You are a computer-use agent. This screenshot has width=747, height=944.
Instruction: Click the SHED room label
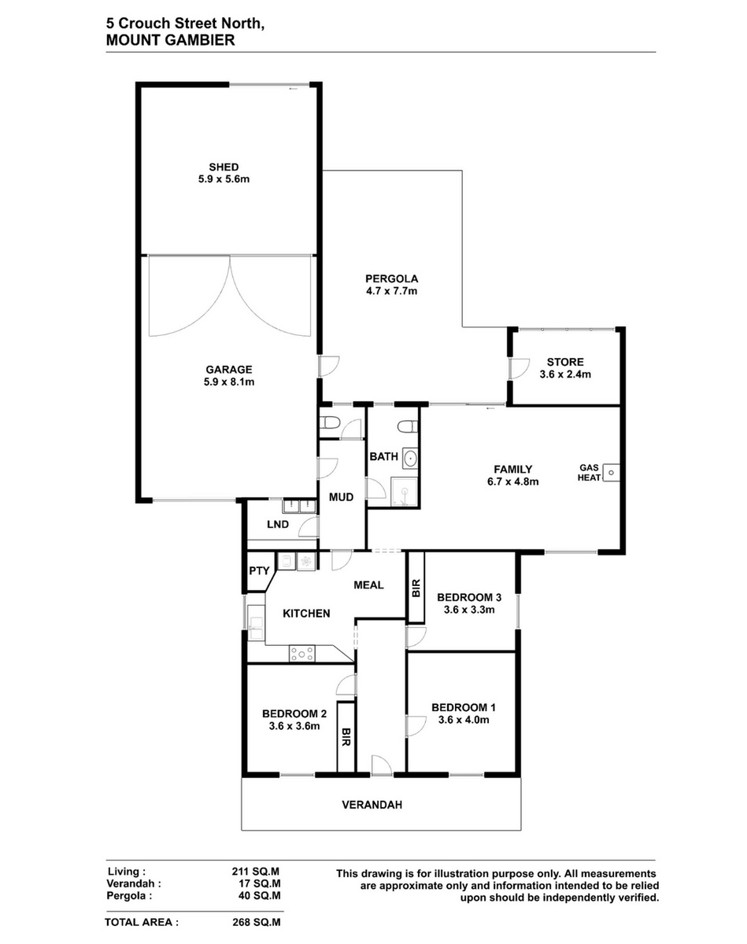[224, 167]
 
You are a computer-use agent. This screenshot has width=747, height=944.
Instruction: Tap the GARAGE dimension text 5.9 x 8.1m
[228, 382]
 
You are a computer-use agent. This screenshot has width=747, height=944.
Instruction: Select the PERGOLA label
[391, 278]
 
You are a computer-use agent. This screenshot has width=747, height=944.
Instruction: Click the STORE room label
[565, 363]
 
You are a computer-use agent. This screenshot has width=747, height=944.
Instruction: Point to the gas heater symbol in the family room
[611, 473]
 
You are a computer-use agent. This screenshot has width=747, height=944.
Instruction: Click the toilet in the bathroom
[407, 426]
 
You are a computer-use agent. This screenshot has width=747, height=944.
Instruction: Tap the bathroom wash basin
[410, 459]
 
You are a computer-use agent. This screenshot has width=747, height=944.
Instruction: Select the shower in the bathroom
[405, 492]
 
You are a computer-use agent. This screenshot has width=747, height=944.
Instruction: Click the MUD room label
[341, 497]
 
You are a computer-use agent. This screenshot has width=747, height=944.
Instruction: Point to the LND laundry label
[278, 524]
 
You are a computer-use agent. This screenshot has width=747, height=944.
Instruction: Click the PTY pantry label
[260, 570]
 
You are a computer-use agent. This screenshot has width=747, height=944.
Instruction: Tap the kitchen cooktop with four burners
[302, 654]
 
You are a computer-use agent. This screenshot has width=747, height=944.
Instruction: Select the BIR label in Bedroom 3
[416, 588]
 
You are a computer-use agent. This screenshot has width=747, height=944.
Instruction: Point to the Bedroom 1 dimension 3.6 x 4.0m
[464, 720]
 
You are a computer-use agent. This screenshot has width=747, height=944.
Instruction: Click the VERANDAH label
[372, 805]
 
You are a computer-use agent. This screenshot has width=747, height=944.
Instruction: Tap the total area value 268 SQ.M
[257, 923]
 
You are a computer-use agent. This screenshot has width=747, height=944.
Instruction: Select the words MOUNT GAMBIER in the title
[171, 40]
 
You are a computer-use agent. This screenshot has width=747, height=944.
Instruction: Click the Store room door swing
[520, 368]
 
